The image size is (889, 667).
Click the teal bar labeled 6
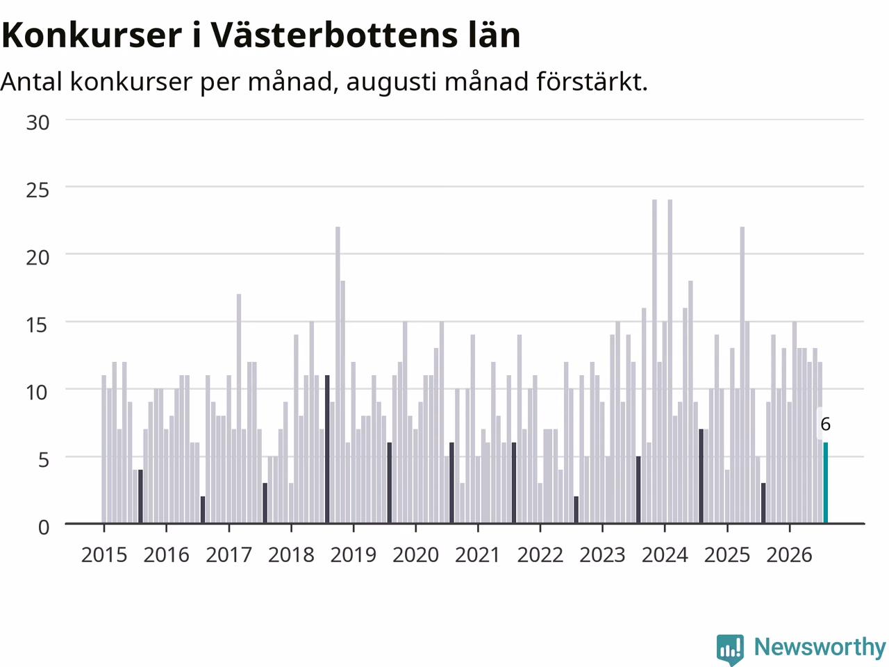[x=825, y=483]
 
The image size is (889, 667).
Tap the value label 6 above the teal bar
[x=825, y=425]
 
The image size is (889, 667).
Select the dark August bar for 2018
[x=327, y=449]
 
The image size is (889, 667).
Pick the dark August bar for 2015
[x=140, y=497]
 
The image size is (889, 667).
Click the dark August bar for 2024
[x=701, y=476]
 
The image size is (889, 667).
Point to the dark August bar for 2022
[x=576, y=510]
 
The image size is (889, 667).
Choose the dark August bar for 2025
[x=763, y=503]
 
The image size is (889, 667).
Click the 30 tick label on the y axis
[x=38, y=122]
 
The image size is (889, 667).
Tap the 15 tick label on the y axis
[x=38, y=324]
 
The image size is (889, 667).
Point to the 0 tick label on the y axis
[x=44, y=527]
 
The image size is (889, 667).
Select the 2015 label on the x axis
[x=104, y=555]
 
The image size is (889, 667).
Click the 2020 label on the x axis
[x=415, y=555]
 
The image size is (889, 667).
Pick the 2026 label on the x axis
[x=790, y=555]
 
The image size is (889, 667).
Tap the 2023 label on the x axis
[x=602, y=555]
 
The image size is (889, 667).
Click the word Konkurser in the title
[x=92, y=35]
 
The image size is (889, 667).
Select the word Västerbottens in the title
[x=334, y=35]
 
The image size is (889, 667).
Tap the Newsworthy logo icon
[x=730, y=649]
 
